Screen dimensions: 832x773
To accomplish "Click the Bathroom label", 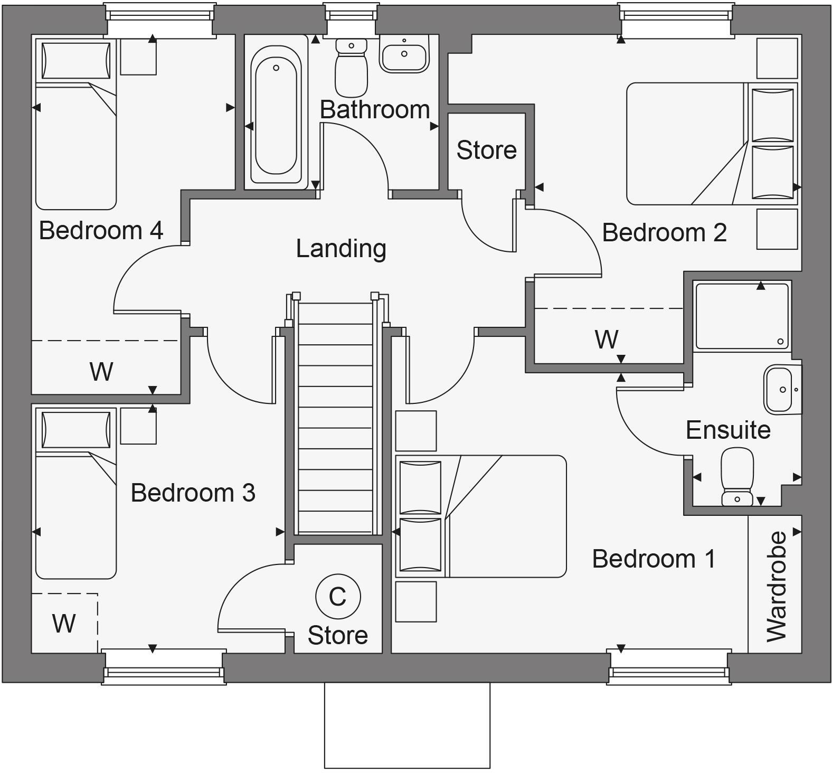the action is coord(374,110).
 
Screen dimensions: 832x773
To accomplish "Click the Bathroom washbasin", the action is coord(404,55).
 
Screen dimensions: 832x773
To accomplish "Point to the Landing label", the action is coord(341,249).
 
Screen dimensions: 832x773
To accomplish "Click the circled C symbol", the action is coord(338,596).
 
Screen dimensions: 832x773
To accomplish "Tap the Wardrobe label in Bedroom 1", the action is coord(776,586).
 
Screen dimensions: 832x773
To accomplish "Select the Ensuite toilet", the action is coord(737,476).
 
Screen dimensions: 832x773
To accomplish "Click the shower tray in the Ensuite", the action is coord(742,316).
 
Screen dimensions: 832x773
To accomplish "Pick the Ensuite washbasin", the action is coord(781,389).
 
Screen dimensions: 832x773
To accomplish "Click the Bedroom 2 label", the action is coord(664,233).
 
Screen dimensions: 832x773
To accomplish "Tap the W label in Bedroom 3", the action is coord(64,624).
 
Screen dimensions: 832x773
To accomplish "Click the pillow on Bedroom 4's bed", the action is coord(76,61).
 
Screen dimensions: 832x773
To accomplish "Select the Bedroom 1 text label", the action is coord(654,559).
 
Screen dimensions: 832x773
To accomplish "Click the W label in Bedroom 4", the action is coord(101,371).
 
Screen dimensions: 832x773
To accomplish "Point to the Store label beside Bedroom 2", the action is coord(486,150).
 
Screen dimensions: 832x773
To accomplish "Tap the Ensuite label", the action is coord(728,430).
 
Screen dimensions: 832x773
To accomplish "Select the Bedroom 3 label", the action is coord(193,493).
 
